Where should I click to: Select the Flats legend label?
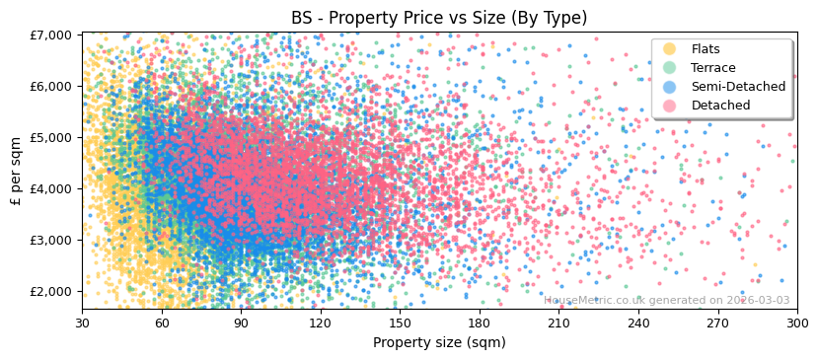[706, 49]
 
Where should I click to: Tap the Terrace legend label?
[713, 68]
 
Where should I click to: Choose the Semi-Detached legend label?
[738, 87]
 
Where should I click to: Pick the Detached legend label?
[720, 106]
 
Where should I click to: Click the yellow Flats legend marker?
[670, 49]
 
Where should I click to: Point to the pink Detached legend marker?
[670, 106]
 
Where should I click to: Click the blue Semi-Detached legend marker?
[670, 87]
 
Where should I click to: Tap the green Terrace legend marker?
[670, 68]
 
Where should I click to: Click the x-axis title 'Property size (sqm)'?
[439, 343]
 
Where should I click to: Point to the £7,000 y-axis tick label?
[50, 35]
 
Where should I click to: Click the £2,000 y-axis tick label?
[50, 291]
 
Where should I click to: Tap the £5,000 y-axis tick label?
[50, 137]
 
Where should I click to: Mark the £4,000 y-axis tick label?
[50, 188]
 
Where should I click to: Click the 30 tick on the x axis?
[82, 323]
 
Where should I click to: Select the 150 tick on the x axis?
[400, 323]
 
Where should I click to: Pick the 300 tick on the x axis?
[796, 323]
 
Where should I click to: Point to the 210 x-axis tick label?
[558, 323]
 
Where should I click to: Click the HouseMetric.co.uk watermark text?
[666, 301]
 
